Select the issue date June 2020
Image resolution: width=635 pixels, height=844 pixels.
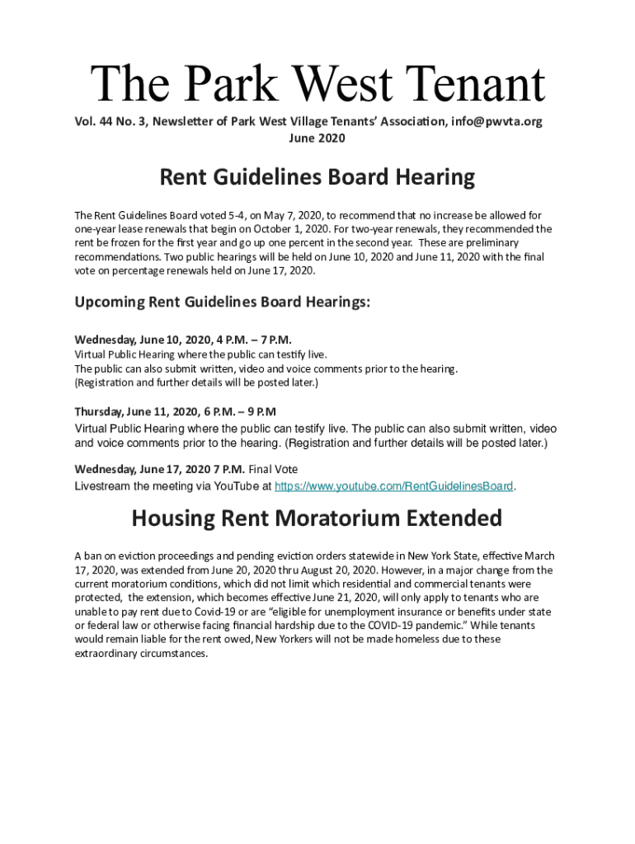tap(317, 138)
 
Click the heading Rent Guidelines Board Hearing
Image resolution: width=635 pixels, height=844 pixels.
tap(317, 177)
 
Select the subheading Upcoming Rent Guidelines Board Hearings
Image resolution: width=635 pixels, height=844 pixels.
tap(223, 302)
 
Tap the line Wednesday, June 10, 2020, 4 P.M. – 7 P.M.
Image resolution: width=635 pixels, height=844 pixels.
tap(183, 340)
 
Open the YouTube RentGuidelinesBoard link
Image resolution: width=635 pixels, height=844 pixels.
tap(393, 485)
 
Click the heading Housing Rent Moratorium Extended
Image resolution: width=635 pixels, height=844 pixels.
tap(317, 518)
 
